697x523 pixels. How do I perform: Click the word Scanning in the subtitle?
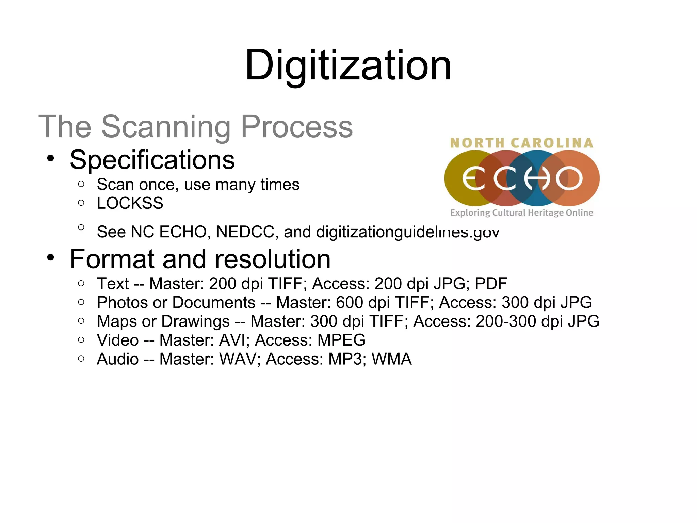coord(166,127)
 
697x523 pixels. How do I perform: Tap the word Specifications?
coord(152,160)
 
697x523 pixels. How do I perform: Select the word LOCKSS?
coord(130,203)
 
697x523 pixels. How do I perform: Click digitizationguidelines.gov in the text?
coord(407,232)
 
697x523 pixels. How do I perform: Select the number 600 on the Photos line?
coord(350,302)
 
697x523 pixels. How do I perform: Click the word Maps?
coord(117,321)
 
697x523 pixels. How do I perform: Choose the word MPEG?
coord(341,340)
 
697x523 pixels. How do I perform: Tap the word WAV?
coord(238,359)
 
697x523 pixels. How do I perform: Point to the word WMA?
coord(391,359)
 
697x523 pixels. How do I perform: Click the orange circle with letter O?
coord(575,178)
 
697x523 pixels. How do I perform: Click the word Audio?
coord(118,359)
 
